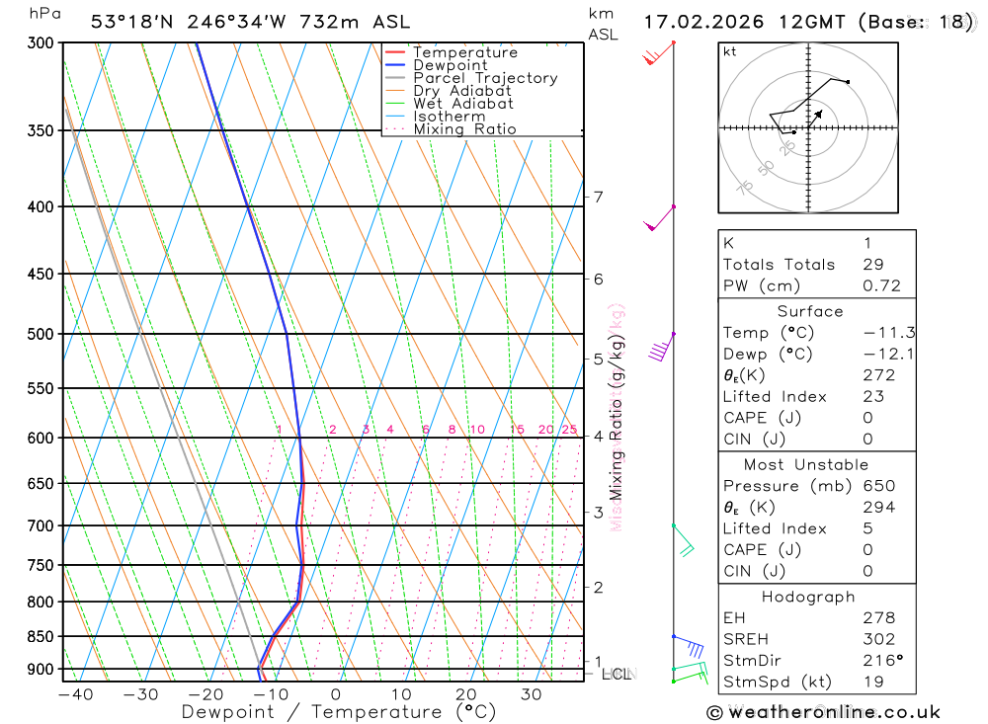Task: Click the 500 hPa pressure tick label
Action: click(x=40, y=334)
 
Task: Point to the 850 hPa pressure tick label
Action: click(x=40, y=636)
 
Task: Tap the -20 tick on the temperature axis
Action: click(x=206, y=694)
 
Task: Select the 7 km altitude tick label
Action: click(x=599, y=197)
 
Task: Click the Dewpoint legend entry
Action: click(x=450, y=65)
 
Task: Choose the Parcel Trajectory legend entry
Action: click(x=484, y=78)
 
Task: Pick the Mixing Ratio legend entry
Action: click(x=464, y=129)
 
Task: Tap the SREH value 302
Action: click(x=878, y=639)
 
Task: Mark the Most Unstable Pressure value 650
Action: click(x=878, y=486)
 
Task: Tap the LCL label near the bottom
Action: click(x=616, y=675)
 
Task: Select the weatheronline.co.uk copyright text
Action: click(x=823, y=712)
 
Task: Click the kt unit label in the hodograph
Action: click(x=729, y=51)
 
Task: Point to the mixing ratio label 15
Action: click(x=517, y=430)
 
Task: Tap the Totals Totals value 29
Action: click(x=871, y=264)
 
